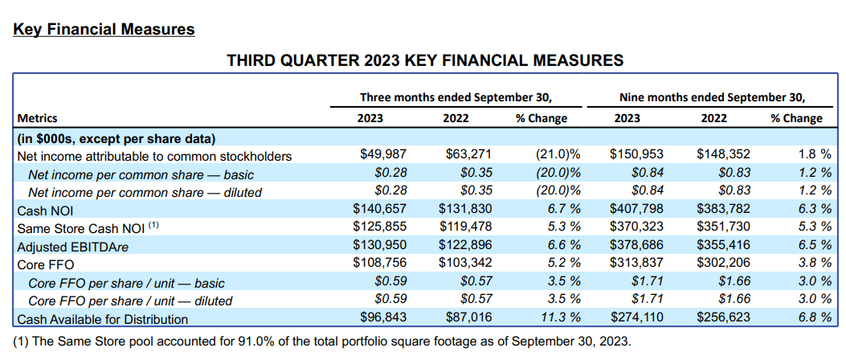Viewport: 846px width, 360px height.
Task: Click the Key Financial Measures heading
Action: pyautogui.click(x=104, y=30)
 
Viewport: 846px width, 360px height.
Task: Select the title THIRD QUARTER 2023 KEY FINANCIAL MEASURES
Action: pyautogui.click(x=425, y=60)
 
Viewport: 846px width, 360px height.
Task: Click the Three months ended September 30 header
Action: pyautogui.click(x=456, y=97)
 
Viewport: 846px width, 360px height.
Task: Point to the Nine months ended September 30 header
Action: pyautogui.click(x=712, y=97)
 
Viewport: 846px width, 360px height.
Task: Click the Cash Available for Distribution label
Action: pyautogui.click(x=102, y=319)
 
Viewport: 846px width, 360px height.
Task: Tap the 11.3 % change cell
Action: pyautogui.click(x=559, y=319)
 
